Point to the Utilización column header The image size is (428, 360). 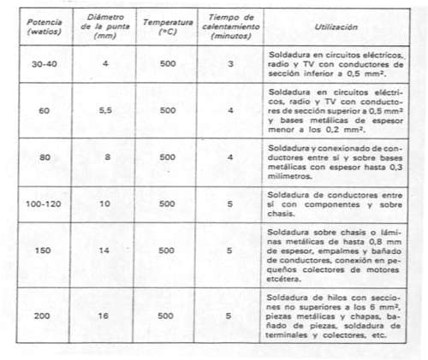(330, 28)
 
